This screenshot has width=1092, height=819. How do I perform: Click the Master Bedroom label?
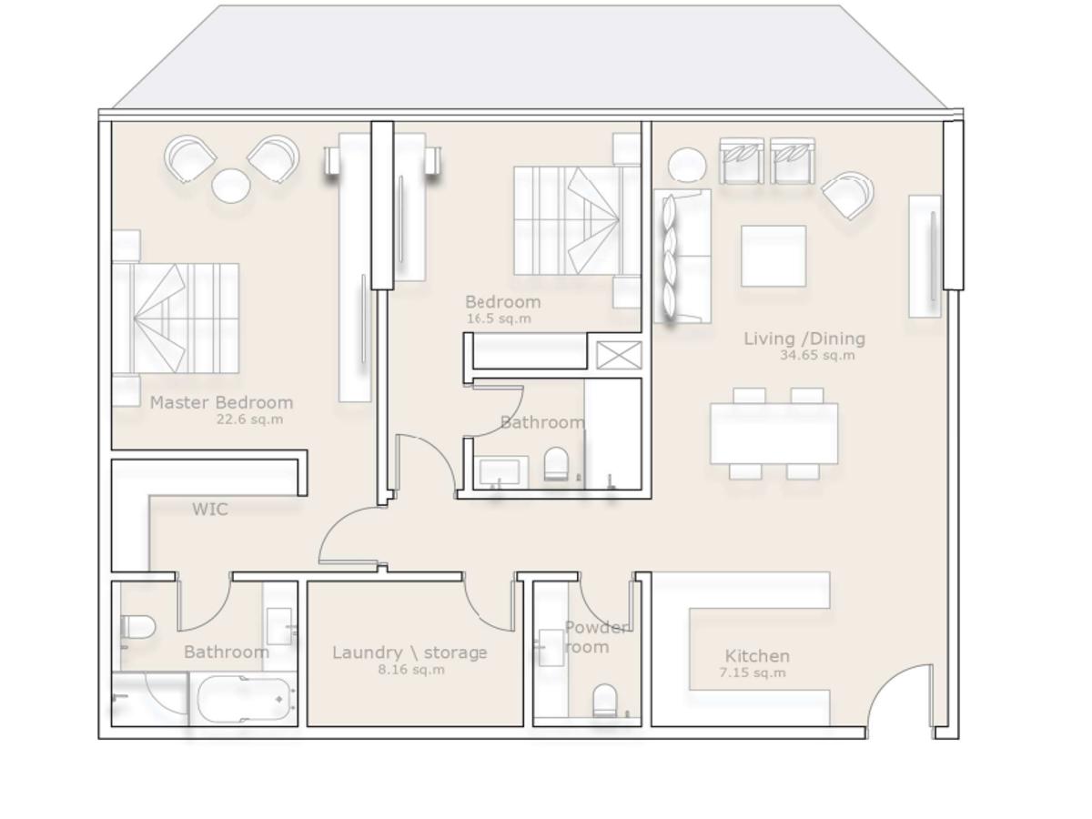click(x=221, y=402)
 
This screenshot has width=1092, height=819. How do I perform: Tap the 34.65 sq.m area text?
click(x=817, y=355)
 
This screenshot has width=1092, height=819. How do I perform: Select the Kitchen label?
click(x=757, y=656)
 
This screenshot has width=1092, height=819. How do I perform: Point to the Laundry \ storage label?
click(x=409, y=652)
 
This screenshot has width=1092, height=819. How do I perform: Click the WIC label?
click(x=210, y=509)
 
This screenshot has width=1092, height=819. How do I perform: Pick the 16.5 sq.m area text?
click(x=499, y=318)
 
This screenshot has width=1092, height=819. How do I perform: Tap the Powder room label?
click(x=595, y=637)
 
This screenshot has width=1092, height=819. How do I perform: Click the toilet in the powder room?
click(x=604, y=700)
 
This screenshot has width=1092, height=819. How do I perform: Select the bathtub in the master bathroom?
click(x=243, y=699)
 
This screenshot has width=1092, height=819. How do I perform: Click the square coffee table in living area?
click(x=773, y=256)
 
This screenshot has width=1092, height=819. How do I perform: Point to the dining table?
click(x=773, y=434)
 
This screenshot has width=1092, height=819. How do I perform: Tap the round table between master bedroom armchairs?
click(x=230, y=186)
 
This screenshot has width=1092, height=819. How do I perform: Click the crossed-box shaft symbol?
click(x=619, y=355)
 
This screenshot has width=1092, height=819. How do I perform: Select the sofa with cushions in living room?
click(x=682, y=256)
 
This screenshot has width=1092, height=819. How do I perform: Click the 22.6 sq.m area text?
click(x=249, y=420)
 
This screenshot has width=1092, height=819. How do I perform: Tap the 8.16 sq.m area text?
click(x=411, y=670)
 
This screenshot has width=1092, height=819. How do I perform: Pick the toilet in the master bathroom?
click(x=137, y=627)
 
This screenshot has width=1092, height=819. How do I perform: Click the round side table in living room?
click(x=686, y=165)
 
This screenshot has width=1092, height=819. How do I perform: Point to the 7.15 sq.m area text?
click(x=753, y=672)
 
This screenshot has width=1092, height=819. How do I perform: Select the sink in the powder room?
click(x=551, y=647)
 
